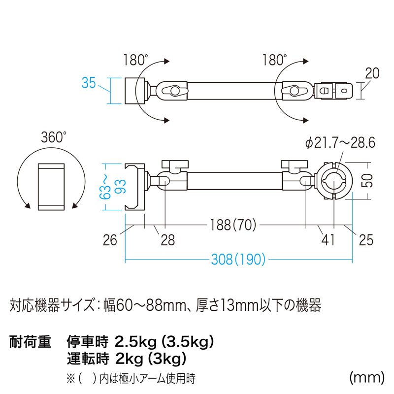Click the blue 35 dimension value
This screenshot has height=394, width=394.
coord(89,83)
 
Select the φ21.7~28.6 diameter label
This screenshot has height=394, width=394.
coord(340,143)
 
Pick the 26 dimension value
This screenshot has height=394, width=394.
coord(111,240)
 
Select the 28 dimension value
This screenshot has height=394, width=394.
coord(167,240)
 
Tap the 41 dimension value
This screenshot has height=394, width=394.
coord(328,240)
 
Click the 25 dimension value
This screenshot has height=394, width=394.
coord(366,240)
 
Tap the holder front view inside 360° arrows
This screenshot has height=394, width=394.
coord(51,187)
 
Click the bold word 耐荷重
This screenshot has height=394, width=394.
coord(30,341)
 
